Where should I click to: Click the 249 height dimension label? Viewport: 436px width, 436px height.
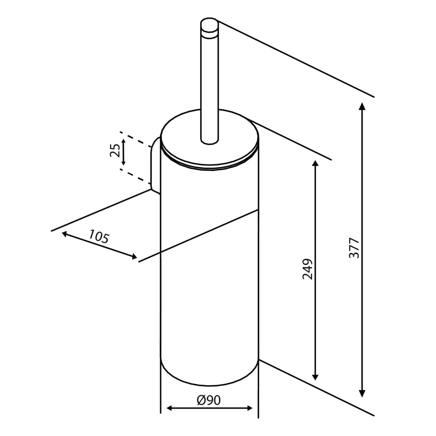308,269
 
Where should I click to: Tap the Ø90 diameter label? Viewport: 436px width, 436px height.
209,400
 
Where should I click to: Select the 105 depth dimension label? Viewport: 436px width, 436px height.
99,236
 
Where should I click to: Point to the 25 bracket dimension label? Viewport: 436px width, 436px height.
115,151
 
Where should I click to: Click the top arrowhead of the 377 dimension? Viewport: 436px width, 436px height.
362,106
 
